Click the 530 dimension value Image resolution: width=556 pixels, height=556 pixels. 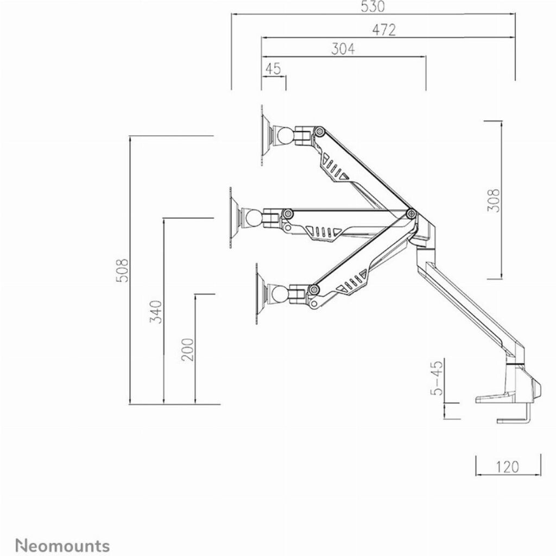tap(372, 7)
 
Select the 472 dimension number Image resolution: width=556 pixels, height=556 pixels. tap(384, 30)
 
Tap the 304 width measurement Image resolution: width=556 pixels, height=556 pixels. tap(343, 49)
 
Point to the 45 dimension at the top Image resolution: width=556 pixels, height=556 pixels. tap(273, 69)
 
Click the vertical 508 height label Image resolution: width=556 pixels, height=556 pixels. tap(122, 270)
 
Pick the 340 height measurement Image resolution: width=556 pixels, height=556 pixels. tap(156, 312)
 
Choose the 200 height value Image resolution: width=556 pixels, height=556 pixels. tap(187, 350)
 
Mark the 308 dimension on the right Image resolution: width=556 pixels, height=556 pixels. tap(493, 200)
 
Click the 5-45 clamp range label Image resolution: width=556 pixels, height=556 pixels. tap(437, 378)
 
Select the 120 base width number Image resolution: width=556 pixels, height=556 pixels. tap(507, 467)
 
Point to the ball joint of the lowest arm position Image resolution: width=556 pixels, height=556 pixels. tap(281, 293)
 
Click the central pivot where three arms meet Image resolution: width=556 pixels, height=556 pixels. tap(411, 213)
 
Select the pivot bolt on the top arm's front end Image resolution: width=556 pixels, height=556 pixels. tap(320, 131)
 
